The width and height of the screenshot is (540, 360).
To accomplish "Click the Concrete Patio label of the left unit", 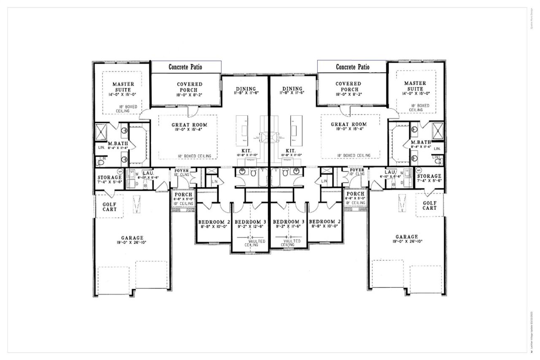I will coord(186,67).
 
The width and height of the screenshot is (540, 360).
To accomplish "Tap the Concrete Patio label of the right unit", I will coord(352,67).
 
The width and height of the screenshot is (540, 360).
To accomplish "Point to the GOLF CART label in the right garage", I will coord(429,206).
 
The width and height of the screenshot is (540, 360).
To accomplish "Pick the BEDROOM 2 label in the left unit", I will coord(214,222).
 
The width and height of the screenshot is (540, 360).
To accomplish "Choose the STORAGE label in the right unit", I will coord(429,176).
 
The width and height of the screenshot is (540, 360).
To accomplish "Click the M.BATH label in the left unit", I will coord(115,143).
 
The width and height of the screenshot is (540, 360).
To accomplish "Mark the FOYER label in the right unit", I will coord(357,170).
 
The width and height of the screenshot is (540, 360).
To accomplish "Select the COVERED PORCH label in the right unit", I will coord(348,87).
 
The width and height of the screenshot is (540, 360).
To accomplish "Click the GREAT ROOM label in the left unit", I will coord(187,125).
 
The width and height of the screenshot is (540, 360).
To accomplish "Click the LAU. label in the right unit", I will coord(389,172).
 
